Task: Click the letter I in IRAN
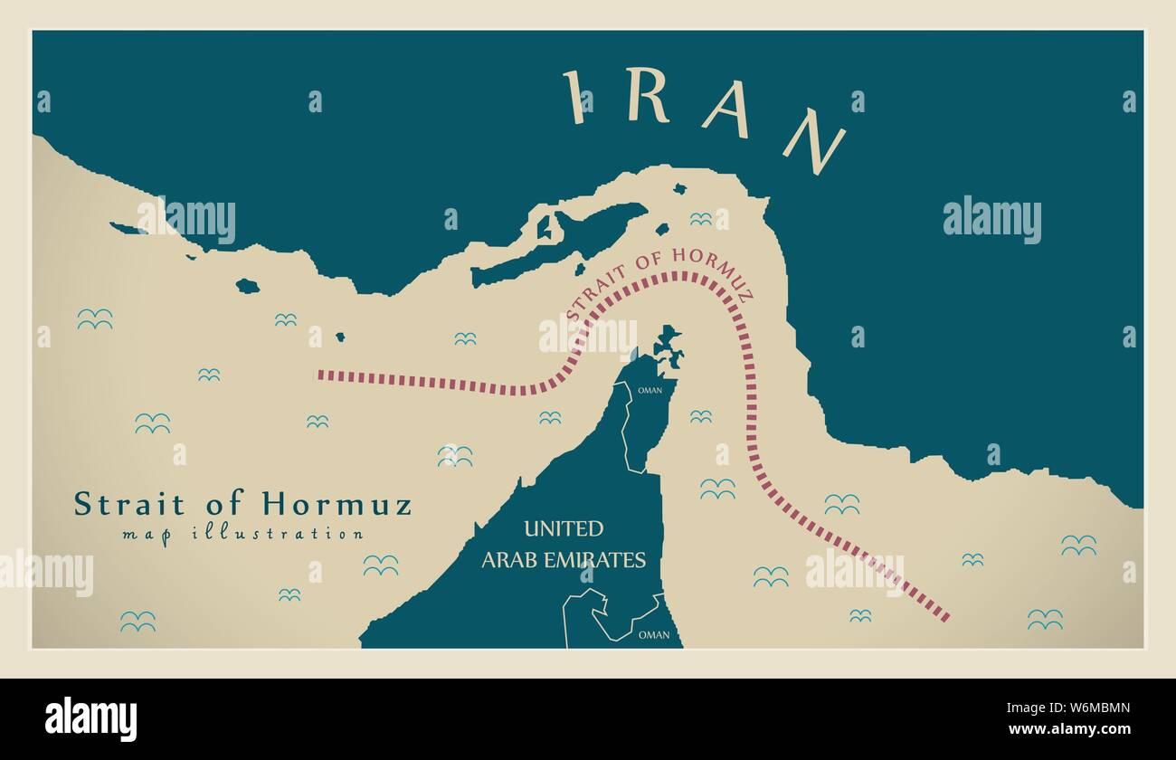coord(573,97)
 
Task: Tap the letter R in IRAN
coord(647,96)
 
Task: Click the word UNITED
coord(563,528)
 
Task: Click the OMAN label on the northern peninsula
coord(650,391)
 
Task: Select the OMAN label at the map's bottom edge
coord(654,635)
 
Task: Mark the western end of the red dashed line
coord(319,373)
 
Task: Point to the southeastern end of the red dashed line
coord(946,619)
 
